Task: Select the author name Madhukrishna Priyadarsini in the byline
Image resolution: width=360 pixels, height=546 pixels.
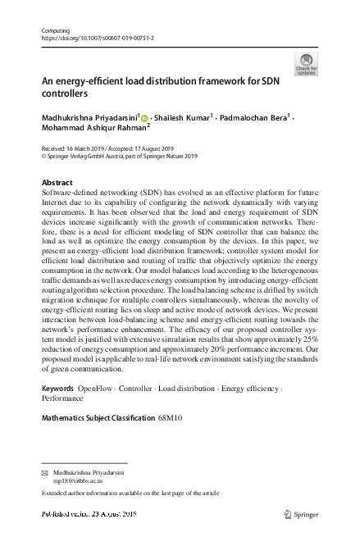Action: click(91, 117)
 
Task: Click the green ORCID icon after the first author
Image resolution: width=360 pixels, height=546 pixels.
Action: click(145, 118)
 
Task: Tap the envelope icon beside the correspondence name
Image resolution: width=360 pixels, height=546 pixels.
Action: click(45, 474)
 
